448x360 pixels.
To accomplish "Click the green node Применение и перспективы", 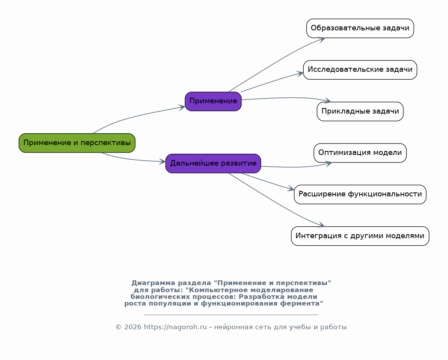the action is (77, 143).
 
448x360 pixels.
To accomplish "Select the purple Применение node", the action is (213, 101).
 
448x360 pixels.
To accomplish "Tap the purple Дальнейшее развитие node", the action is (213, 163).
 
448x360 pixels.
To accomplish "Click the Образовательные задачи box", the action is (360, 28).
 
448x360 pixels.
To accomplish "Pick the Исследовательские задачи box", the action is (360, 70).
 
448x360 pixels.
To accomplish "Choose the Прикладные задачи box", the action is (360, 112).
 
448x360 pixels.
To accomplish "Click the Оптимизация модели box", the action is (360, 153).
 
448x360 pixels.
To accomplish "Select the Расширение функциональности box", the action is (360, 194).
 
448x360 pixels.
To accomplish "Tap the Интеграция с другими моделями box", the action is (360, 236).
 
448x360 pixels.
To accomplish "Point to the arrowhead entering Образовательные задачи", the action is (322, 39).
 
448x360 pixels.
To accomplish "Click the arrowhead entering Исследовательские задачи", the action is (300, 74).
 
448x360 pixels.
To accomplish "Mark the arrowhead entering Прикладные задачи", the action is (328, 100).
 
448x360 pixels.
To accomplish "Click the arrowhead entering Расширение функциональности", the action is (291, 188).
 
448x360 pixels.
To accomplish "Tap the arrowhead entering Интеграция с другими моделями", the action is (321, 225).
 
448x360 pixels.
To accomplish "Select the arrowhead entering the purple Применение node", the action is (182, 107).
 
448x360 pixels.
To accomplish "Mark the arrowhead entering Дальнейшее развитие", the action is (162, 162).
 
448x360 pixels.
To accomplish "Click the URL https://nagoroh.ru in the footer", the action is (175, 327).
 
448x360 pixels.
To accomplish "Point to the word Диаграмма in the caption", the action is (153, 283).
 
